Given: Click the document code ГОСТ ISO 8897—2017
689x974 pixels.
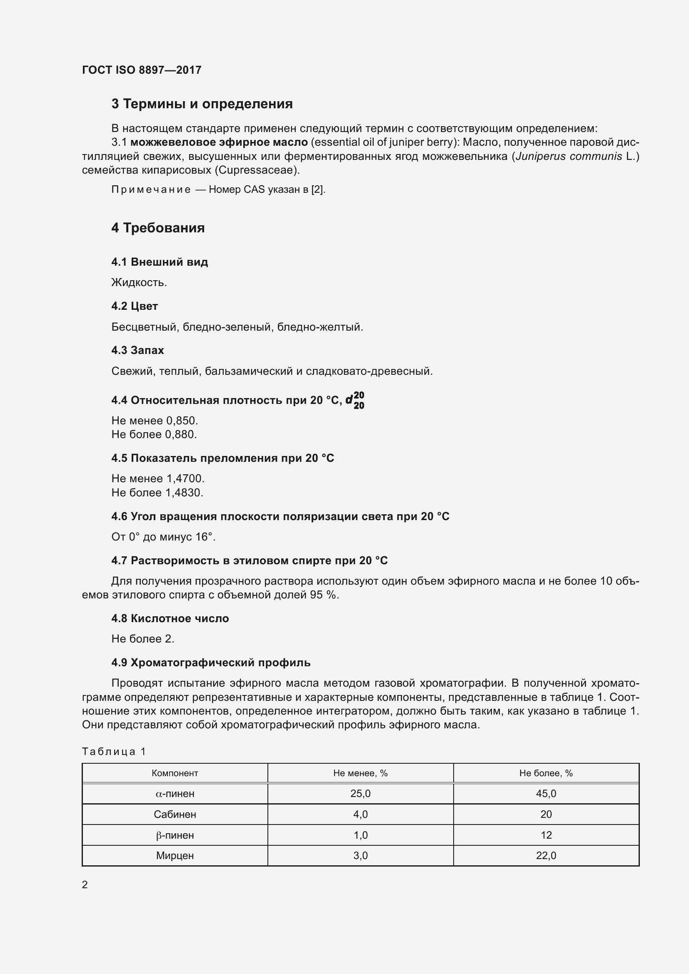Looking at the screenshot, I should pos(141,70).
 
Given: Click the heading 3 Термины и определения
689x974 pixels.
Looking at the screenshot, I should pos(202,104).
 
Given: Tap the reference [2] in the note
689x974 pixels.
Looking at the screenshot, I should pos(317,189).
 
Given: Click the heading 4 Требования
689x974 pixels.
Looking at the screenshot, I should pos(158,228).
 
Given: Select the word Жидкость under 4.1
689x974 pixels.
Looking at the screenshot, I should pos(138,282).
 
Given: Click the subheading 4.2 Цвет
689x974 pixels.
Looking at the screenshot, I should pos(135,306).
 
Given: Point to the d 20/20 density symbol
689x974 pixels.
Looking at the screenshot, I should pos(354,400).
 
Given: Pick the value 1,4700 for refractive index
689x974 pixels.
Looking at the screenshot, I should pos(185,478).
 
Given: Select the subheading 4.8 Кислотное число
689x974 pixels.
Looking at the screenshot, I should pos(170,618).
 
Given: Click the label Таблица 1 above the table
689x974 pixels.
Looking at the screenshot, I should pos(114,752).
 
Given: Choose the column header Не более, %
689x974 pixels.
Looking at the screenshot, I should pos(546,773).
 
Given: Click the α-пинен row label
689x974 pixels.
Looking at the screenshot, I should pos(175,793).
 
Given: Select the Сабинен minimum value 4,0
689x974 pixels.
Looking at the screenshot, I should pos(360,814).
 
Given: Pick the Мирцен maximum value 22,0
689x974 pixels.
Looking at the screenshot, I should pos(546,855).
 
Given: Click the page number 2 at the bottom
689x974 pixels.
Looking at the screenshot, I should pos(85,884).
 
